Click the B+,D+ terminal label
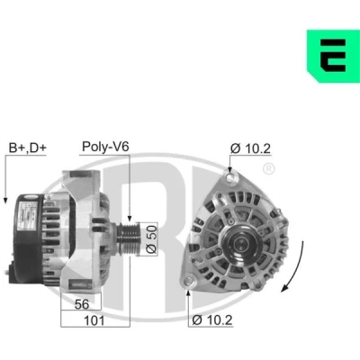[28, 148]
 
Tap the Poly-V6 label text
[105, 147]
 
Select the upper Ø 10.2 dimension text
[250, 148]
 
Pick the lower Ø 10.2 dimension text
[212, 320]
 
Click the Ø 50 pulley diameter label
[152, 239]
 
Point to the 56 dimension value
[82, 304]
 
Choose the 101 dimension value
[94, 320]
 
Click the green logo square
[333, 56]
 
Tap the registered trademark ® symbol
[268, 169]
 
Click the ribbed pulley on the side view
[129, 239]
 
